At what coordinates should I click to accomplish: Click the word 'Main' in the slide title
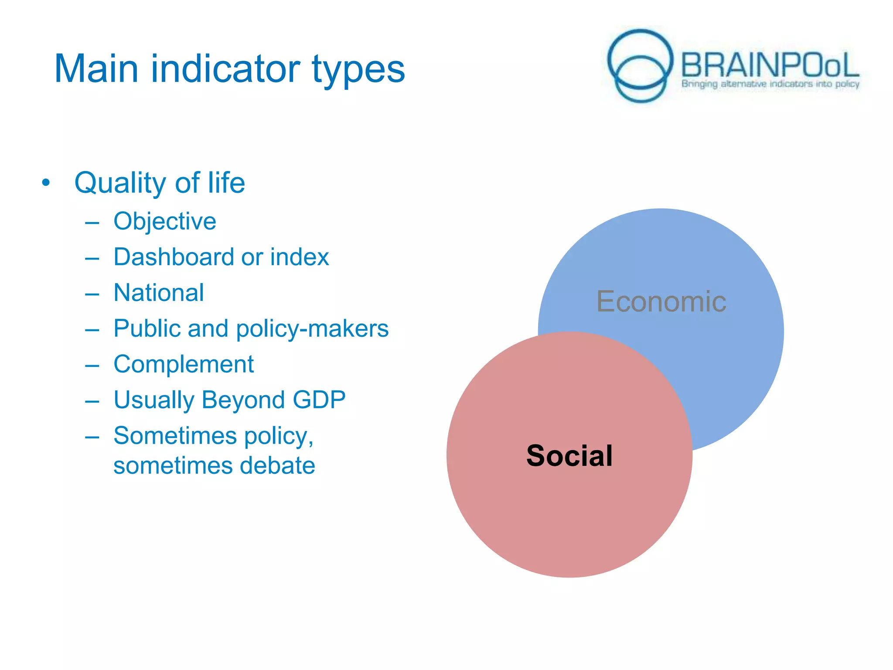[96, 69]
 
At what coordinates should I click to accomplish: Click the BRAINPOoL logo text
[770, 65]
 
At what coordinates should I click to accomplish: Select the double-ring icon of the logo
[640, 65]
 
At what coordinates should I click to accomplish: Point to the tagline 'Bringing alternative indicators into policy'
[770, 84]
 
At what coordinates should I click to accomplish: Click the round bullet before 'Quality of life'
[46, 183]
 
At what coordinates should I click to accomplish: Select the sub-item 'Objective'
[164, 221]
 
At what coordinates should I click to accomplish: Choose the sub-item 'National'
[158, 293]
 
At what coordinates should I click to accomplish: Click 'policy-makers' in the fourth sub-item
[312, 328]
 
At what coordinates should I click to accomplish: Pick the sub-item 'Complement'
[183, 364]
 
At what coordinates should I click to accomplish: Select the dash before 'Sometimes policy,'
[92, 437]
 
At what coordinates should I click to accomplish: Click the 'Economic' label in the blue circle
[661, 301]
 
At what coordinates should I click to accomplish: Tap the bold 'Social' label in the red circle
[569, 456]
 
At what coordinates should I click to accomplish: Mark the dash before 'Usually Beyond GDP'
[92, 401]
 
